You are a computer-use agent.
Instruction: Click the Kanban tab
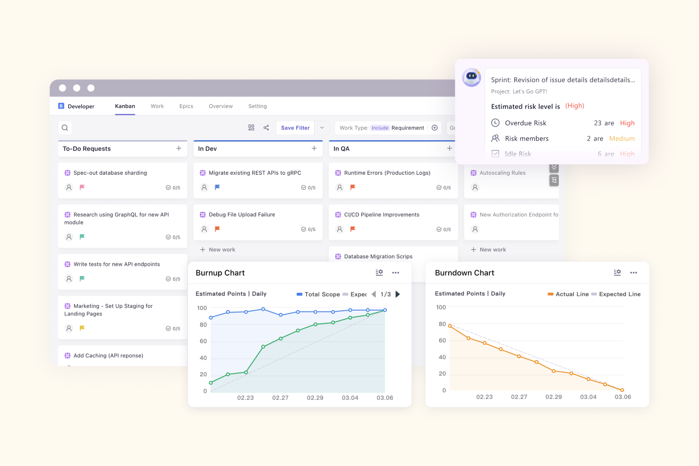pyautogui.click(x=125, y=106)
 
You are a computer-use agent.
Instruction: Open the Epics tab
pyautogui.click(x=186, y=106)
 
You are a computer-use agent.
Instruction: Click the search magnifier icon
pyautogui.click(x=65, y=127)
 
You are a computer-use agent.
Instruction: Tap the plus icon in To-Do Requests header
pyautogui.click(x=179, y=148)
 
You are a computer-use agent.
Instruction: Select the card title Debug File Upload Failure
pyautogui.click(x=242, y=214)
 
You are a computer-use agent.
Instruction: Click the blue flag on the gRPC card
pyautogui.click(x=217, y=187)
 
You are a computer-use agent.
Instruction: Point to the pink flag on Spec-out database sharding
pyautogui.click(x=82, y=187)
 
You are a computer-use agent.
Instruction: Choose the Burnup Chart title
pyautogui.click(x=220, y=273)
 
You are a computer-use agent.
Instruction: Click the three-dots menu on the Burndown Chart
pyautogui.click(x=633, y=273)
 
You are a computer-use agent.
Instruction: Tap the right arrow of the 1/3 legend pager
pyautogui.click(x=398, y=294)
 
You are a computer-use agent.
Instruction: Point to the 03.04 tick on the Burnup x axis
pyautogui.click(x=350, y=398)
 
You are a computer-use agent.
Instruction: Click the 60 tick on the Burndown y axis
pyautogui.click(x=442, y=340)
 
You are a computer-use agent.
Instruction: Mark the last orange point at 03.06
pyautogui.click(x=622, y=390)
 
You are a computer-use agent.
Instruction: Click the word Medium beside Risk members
pyautogui.click(x=622, y=138)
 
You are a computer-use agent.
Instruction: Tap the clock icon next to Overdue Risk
pyautogui.click(x=495, y=123)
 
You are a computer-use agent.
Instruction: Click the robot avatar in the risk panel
pyautogui.click(x=471, y=76)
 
